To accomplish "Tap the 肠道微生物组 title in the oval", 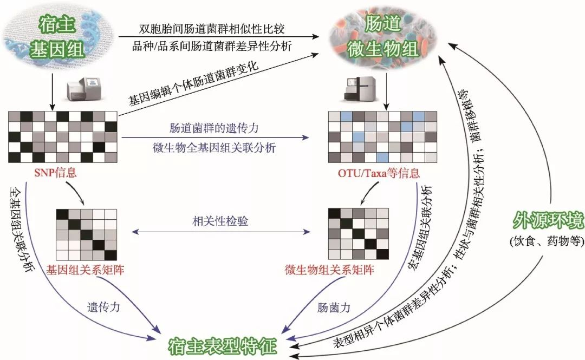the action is [x=382, y=36].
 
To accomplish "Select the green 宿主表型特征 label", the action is [x=223, y=346].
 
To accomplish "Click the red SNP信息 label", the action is [x=55, y=172].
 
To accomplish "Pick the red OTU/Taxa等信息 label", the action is [x=379, y=173].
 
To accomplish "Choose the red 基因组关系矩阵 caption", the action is [x=85, y=270].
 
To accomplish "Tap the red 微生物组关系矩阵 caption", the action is [x=329, y=270].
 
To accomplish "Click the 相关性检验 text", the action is [x=220, y=221].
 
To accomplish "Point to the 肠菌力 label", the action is [x=334, y=307].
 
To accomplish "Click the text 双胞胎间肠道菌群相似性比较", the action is [x=212, y=29].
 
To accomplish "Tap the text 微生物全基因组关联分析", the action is [x=214, y=148].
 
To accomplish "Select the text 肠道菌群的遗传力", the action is [x=214, y=128].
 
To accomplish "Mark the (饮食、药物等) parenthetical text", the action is [x=547, y=240].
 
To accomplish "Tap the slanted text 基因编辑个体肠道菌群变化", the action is [x=193, y=83].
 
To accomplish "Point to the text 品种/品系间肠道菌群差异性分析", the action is [x=212, y=46].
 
